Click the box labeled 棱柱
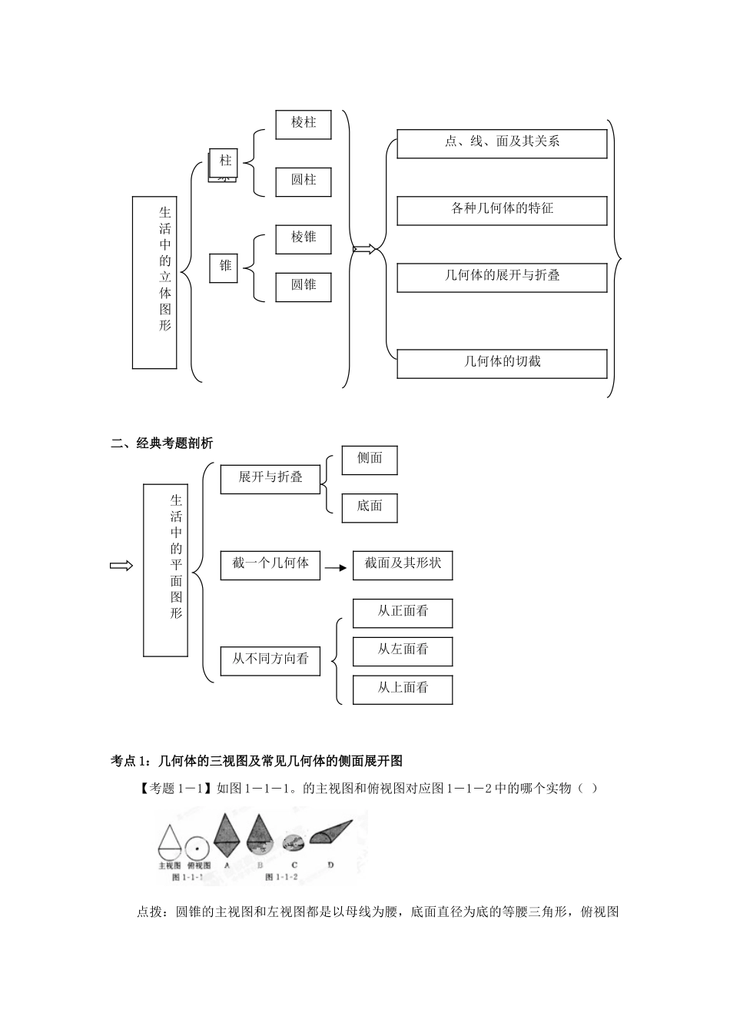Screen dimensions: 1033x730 [304, 123]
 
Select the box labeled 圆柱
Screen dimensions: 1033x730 [304, 181]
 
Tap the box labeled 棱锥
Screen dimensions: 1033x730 [304, 237]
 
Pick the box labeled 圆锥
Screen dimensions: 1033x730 [304, 285]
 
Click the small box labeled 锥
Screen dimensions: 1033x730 [224, 266]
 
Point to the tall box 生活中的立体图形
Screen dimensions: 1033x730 [155, 282]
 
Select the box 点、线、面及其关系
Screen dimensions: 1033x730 [502, 142]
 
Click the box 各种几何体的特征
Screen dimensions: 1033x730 [502, 209]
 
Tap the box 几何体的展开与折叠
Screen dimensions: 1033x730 [502, 276]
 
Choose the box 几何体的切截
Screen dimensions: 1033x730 [502, 362]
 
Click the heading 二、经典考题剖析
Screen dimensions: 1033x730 [162, 443]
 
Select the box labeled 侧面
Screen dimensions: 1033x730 [370, 459]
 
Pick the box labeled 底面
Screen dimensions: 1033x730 [370, 507]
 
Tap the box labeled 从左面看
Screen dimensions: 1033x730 [403, 650]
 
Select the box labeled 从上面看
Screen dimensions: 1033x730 [403, 689]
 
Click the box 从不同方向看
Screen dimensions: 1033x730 [270, 659]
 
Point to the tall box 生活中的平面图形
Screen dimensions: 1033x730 [166, 570]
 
